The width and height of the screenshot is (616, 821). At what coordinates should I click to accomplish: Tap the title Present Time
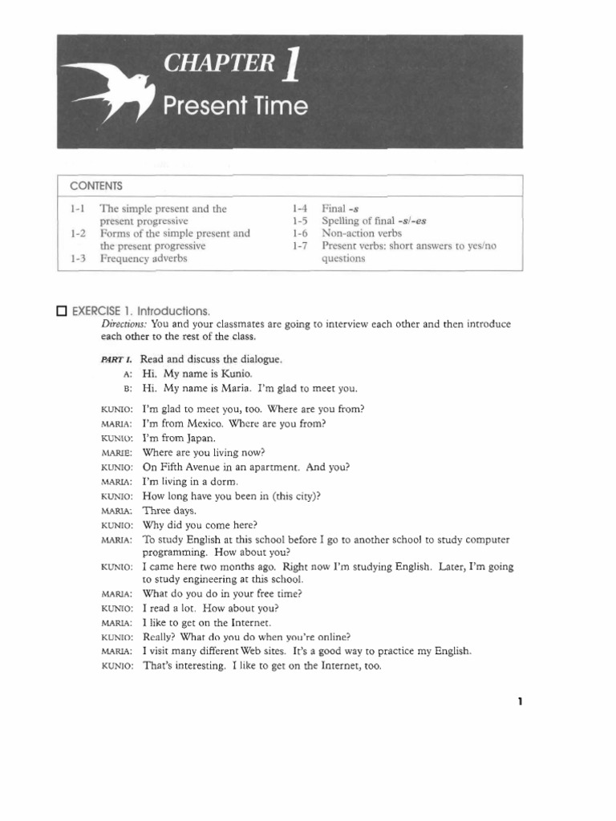click(x=235, y=107)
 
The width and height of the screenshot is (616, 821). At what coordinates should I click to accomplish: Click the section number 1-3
click(x=78, y=259)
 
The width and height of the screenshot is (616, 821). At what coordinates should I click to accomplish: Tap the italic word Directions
click(x=124, y=324)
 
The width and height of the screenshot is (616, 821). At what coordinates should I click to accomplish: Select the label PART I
click(x=116, y=360)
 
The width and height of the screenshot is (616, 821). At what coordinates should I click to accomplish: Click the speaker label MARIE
click(x=116, y=453)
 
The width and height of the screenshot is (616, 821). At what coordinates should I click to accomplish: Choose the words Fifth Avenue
click(x=188, y=467)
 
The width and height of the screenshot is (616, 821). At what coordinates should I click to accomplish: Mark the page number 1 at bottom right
click(x=520, y=702)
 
